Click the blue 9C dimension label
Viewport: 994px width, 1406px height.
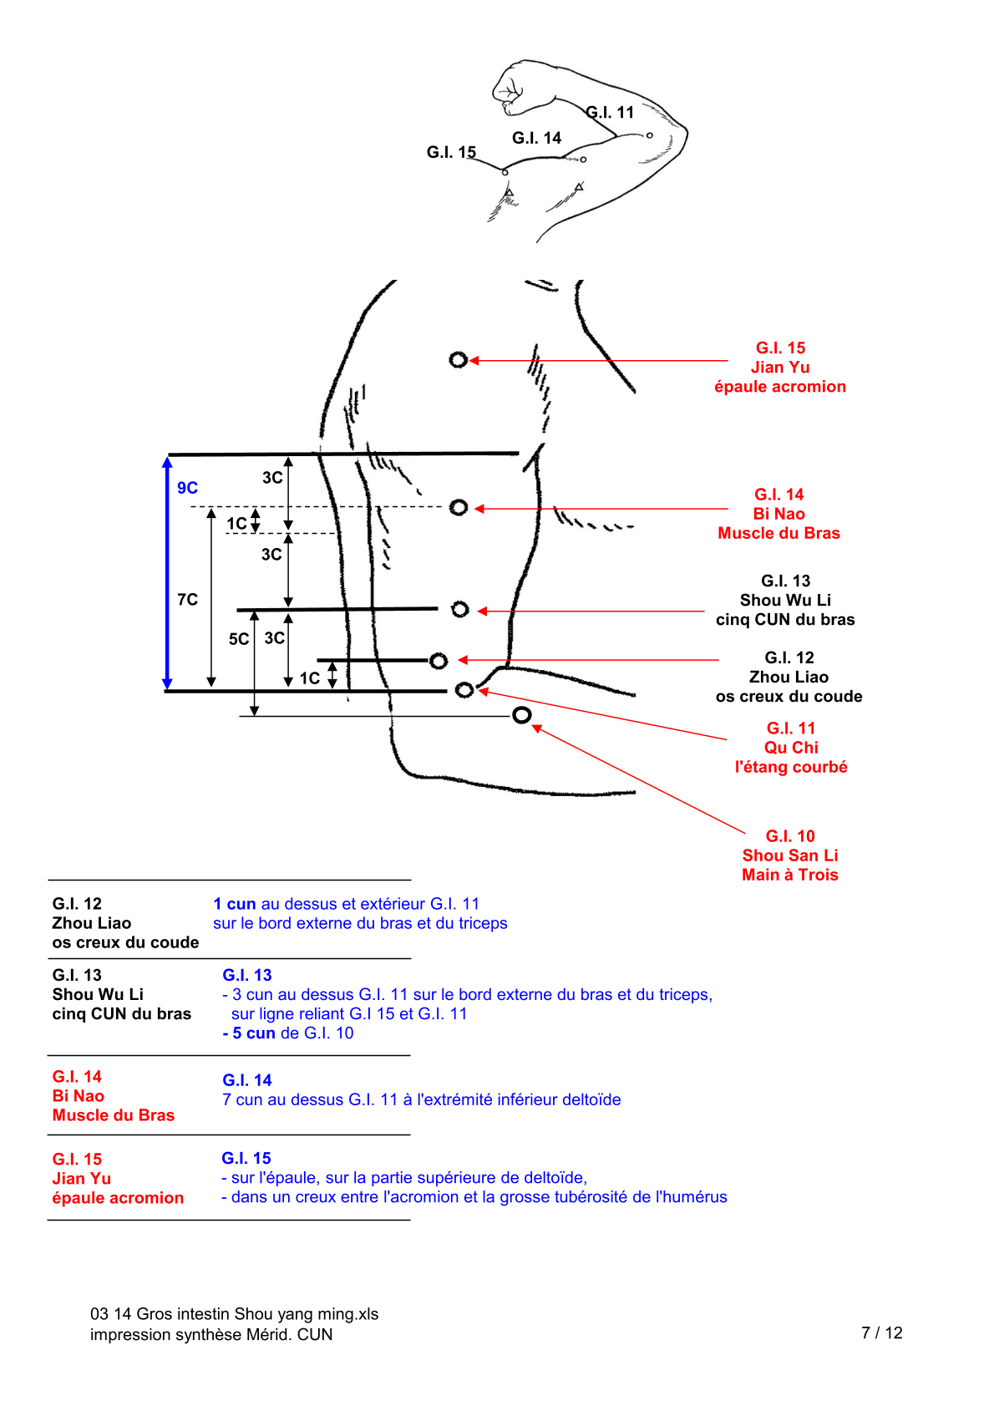[x=187, y=488]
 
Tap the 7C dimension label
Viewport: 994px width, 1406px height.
[x=188, y=600]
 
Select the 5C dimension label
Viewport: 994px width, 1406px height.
[x=239, y=639]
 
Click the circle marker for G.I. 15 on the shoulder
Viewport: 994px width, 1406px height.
[x=458, y=360]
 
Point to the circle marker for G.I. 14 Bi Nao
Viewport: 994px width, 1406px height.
[x=458, y=508]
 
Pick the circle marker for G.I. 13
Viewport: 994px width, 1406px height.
[x=459, y=609]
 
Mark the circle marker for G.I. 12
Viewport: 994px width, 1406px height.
[x=439, y=661]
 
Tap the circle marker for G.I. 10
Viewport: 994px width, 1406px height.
[x=522, y=715]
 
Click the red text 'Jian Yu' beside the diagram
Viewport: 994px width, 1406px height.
[x=780, y=368]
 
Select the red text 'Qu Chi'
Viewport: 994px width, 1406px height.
[x=791, y=748]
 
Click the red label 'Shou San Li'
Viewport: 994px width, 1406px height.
[x=790, y=855]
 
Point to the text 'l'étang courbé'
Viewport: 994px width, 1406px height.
[x=791, y=767]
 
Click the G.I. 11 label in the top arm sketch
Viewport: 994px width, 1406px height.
[x=611, y=112]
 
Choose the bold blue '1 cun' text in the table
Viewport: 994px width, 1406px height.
[x=235, y=904]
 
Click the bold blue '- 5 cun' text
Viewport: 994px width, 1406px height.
[x=249, y=1033]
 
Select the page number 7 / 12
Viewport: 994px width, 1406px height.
[x=882, y=1333]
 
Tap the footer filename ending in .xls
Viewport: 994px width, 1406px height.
[x=235, y=1314]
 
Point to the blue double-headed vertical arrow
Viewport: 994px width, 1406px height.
[x=167, y=573]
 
